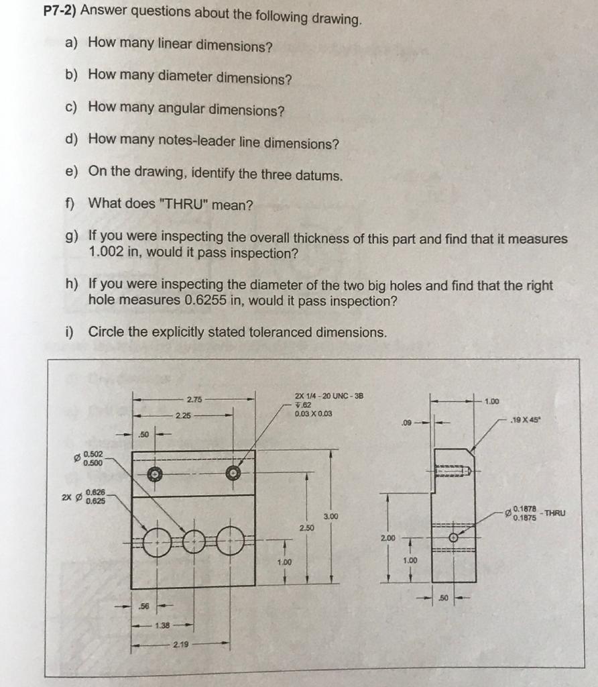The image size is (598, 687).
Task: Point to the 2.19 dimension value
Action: click(180, 645)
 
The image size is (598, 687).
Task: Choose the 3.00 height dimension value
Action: click(331, 517)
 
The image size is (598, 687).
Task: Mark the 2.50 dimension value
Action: click(306, 529)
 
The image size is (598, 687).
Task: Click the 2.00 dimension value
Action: click(387, 538)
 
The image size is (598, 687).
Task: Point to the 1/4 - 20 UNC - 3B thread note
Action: click(328, 396)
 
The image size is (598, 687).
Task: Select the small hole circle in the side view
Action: click(454, 537)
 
